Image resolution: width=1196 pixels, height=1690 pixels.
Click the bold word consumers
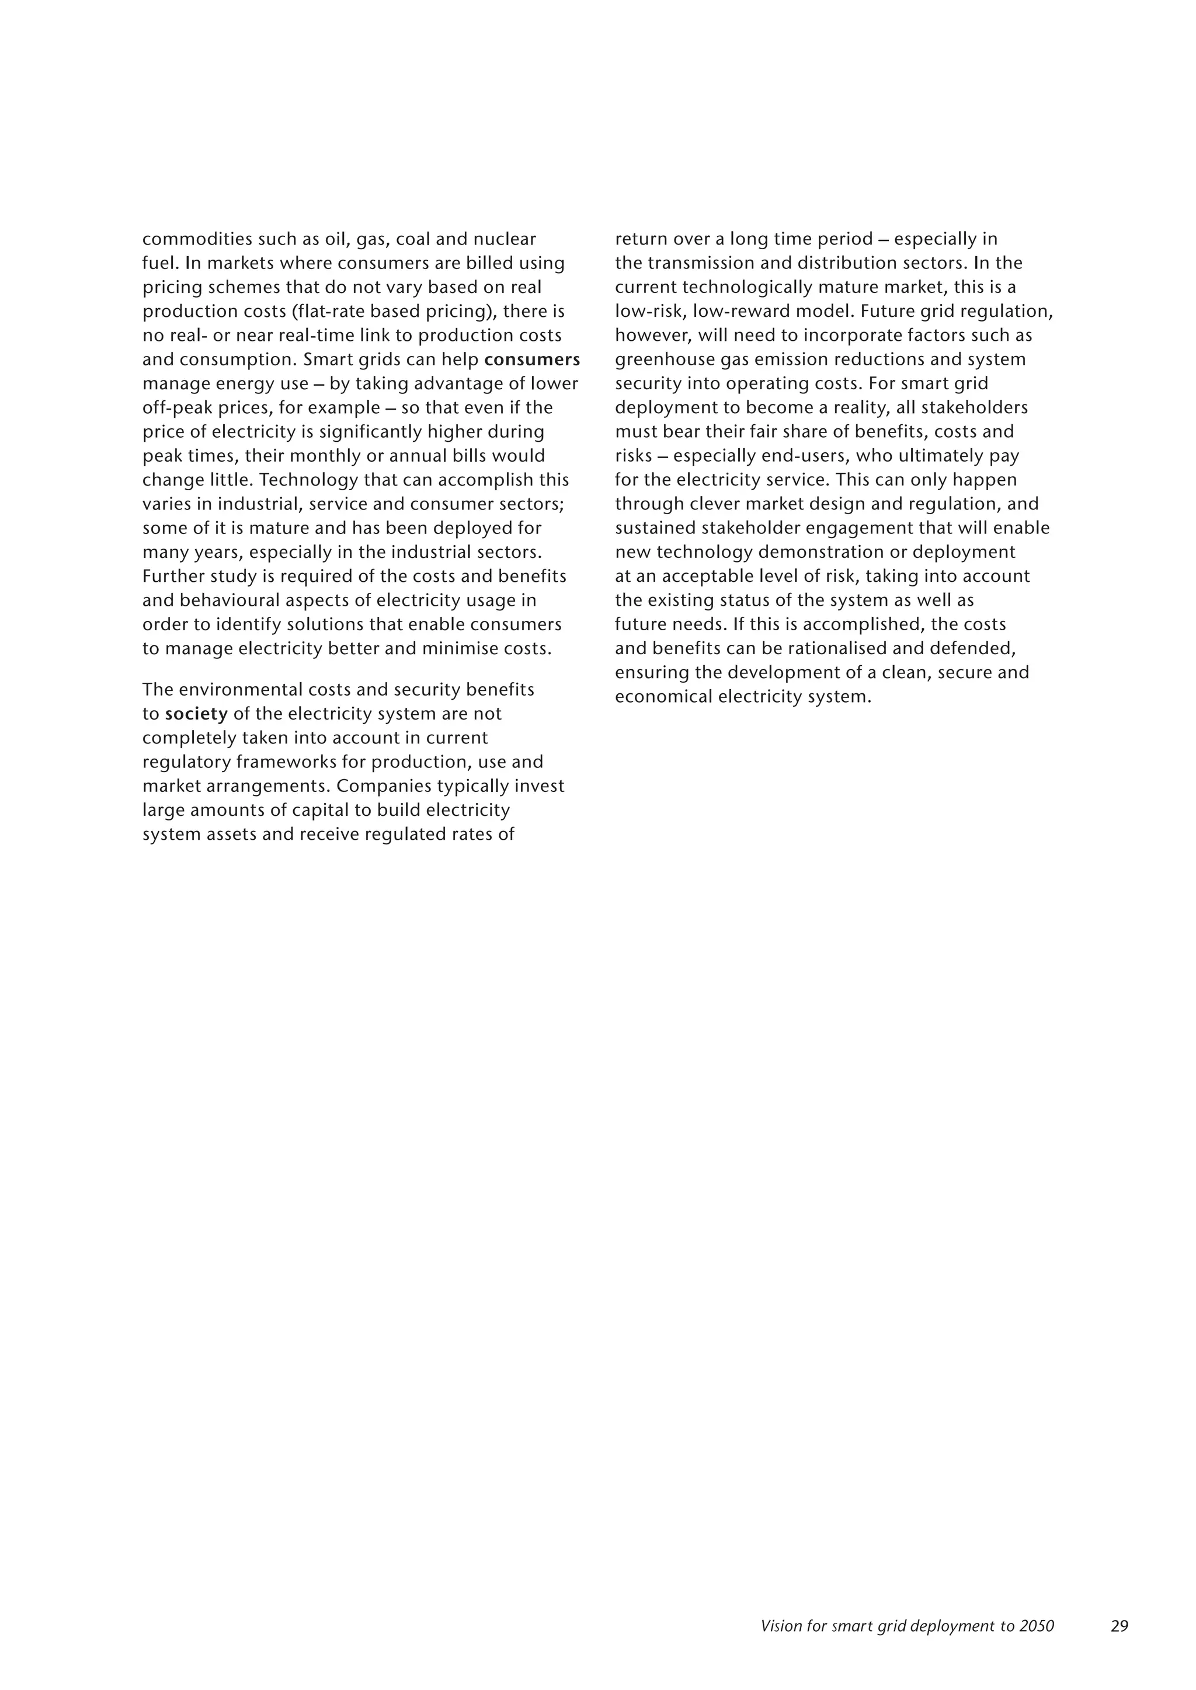tap(532, 360)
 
